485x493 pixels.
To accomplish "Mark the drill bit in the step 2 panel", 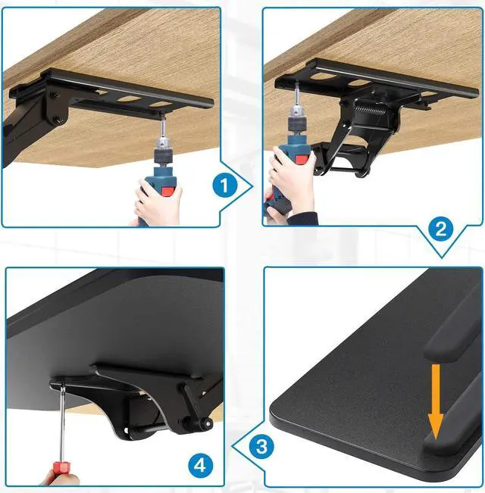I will click(x=294, y=99).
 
